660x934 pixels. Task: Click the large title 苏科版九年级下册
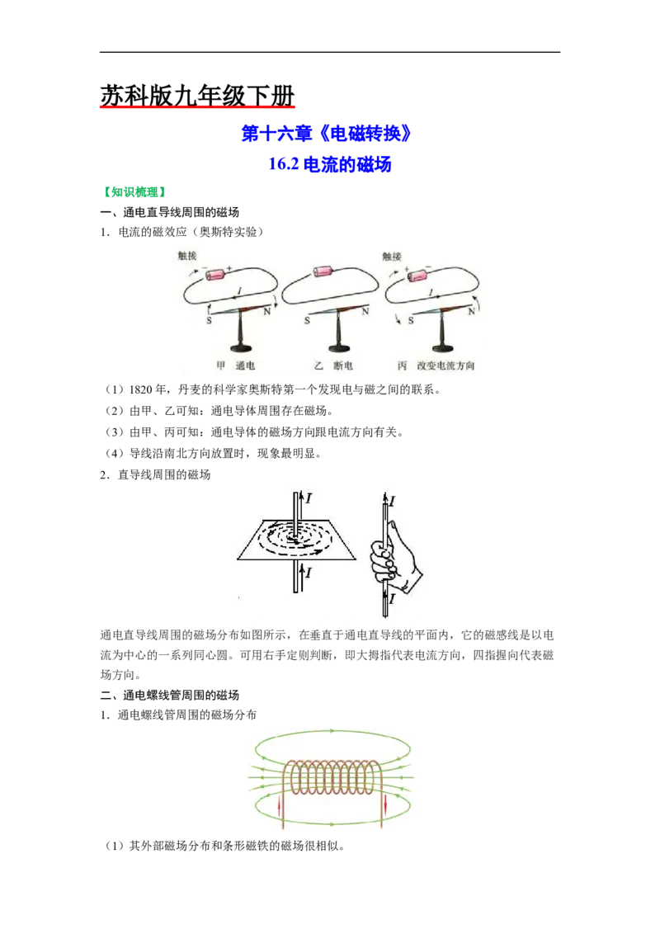[197, 96]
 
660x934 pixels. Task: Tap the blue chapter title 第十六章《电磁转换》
[327, 134]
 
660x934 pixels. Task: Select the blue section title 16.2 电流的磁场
[330, 164]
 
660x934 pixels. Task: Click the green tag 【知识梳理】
[134, 191]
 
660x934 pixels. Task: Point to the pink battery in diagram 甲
[215, 273]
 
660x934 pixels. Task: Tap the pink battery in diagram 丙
[418, 275]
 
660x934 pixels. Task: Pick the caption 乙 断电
[333, 366]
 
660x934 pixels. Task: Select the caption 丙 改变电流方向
[436, 366]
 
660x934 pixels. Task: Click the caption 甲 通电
[236, 366]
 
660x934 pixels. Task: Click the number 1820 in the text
[140, 389]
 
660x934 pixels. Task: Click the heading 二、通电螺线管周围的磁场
[170, 696]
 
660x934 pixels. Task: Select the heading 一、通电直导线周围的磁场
[170, 212]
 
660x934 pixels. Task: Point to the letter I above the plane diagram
[309, 498]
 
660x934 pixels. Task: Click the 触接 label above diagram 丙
[392, 256]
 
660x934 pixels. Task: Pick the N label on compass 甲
[267, 311]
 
